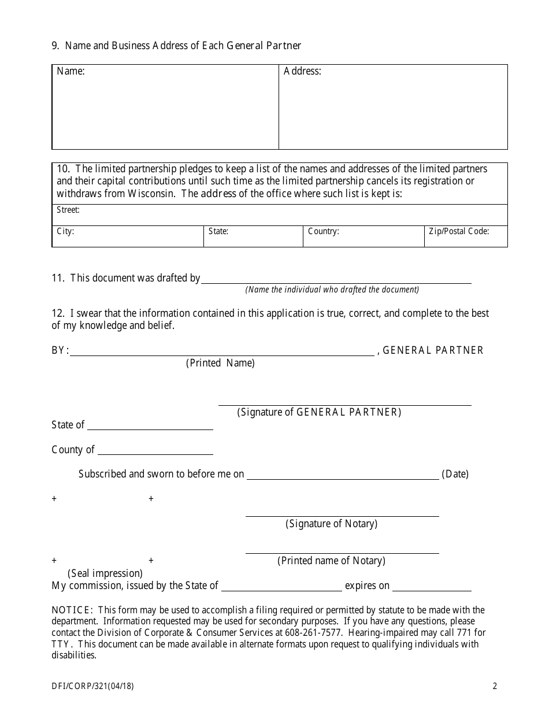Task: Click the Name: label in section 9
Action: (x=71, y=72)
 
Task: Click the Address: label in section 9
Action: (x=302, y=72)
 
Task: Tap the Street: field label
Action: (x=68, y=210)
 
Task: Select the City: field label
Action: (x=65, y=231)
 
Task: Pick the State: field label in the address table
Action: (x=218, y=231)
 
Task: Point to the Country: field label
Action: (x=324, y=231)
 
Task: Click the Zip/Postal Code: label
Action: (x=459, y=231)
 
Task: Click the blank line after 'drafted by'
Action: (x=336, y=280)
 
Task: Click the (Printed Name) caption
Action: (x=220, y=363)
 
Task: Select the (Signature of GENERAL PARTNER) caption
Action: (x=319, y=412)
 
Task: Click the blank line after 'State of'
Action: (x=150, y=427)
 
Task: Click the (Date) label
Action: (x=455, y=474)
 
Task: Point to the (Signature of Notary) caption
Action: (x=331, y=524)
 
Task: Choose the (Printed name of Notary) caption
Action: (x=331, y=561)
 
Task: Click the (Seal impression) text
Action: (x=105, y=573)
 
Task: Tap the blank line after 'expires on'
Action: (x=432, y=587)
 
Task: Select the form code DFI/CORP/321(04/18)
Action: (x=95, y=687)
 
